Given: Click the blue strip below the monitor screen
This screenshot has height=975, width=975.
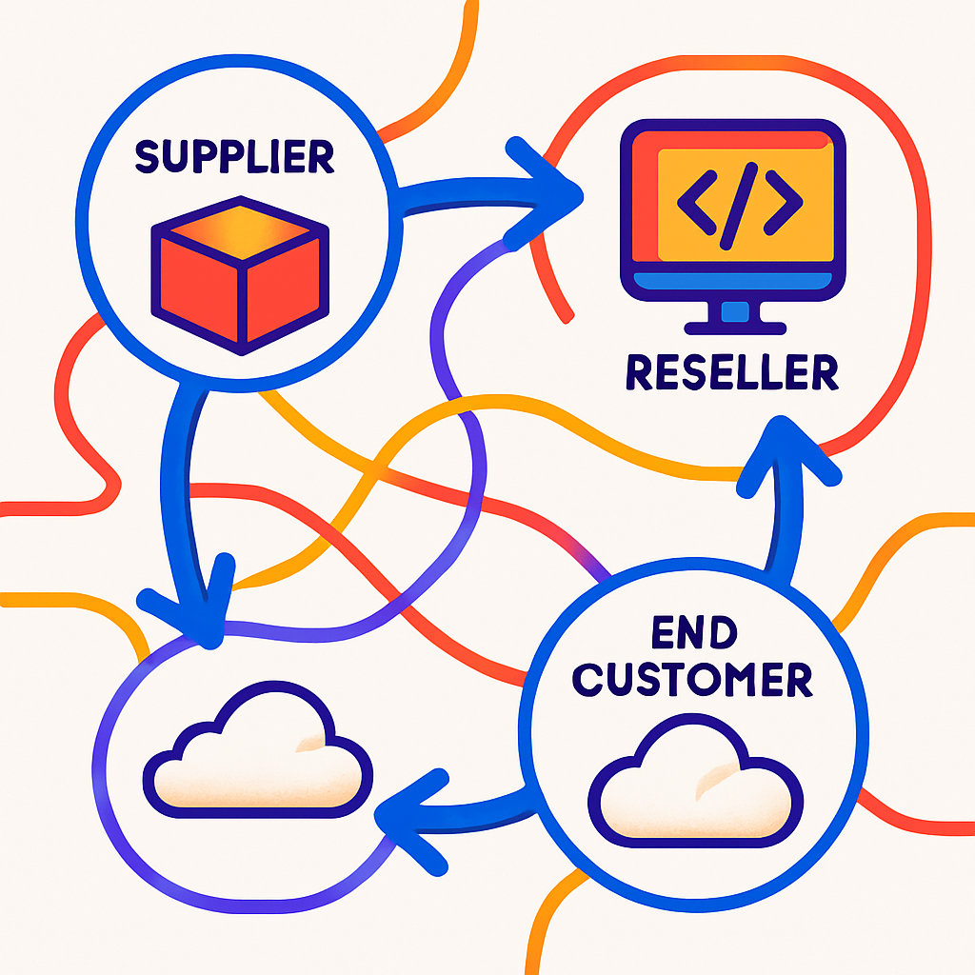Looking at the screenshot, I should [x=732, y=282].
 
